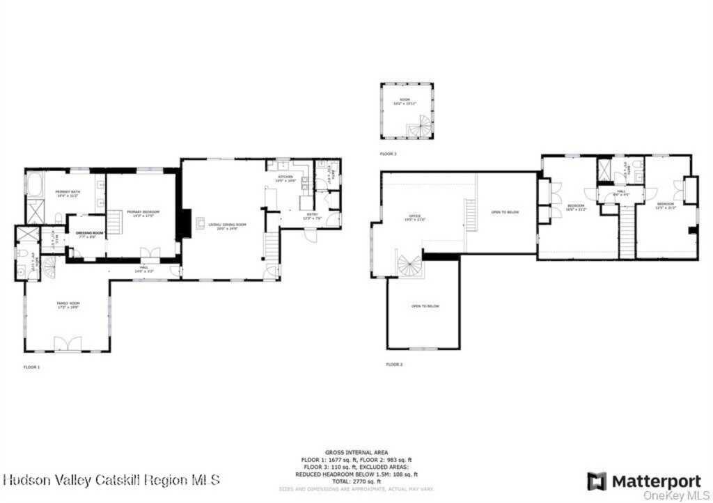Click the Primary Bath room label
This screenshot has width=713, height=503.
67,194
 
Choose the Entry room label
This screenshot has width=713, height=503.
310,215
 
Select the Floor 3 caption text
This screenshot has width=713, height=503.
389,153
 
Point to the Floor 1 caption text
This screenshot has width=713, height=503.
32,367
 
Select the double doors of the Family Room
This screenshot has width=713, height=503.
68,343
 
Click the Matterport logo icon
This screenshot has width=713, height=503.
596,481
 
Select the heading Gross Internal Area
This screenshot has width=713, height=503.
356,452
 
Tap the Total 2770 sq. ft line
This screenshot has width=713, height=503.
356,481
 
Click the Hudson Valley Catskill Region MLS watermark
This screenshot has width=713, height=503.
111,479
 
